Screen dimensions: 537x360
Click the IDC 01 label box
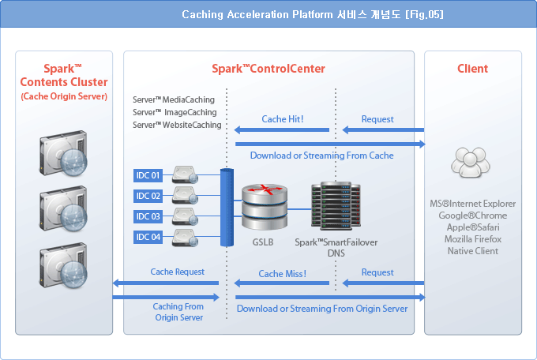[x=148, y=175]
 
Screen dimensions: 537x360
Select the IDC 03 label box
[x=148, y=216]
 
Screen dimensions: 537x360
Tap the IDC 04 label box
[x=148, y=237]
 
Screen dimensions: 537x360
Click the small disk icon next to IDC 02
[x=185, y=196]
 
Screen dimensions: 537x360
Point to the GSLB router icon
[x=265, y=207]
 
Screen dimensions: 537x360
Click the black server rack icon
[x=336, y=205]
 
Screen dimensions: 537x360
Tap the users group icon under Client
[x=471, y=162]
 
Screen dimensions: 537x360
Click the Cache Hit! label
[x=283, y=119]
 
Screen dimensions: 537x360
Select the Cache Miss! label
[x=282, y=274]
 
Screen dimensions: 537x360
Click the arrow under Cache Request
[x=166, y=283]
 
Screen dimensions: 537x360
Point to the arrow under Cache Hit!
[x=281, y=129]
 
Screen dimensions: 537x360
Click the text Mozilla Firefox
[x=473, y=239]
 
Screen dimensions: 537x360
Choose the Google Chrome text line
[x=473, y=216]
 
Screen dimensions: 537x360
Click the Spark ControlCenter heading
[x=268, y=69]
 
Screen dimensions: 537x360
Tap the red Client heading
[x=472, y=69]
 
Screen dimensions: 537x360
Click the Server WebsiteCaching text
[x=177, y=125]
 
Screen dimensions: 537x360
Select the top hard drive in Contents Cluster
[x=63, y=153]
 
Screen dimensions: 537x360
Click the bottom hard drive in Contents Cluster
[x=63, y=265]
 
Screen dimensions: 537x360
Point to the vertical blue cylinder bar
[x=227, y=207]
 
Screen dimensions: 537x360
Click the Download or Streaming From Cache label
[x=322, y=156]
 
